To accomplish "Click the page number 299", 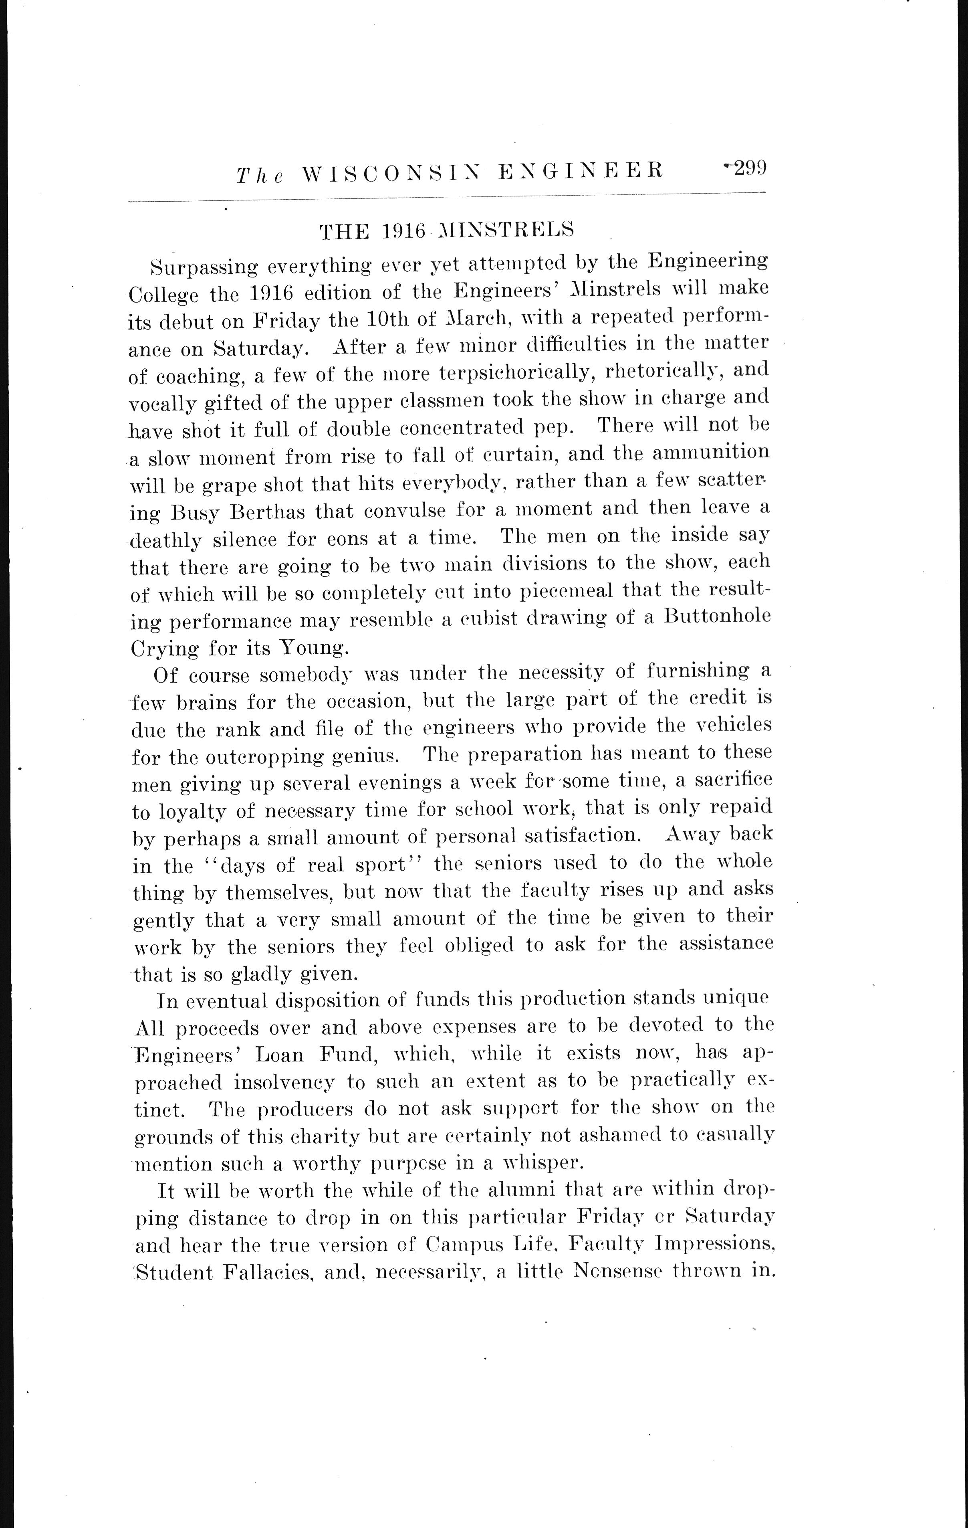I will click(750, 168).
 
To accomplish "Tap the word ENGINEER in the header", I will click(581, 170).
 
